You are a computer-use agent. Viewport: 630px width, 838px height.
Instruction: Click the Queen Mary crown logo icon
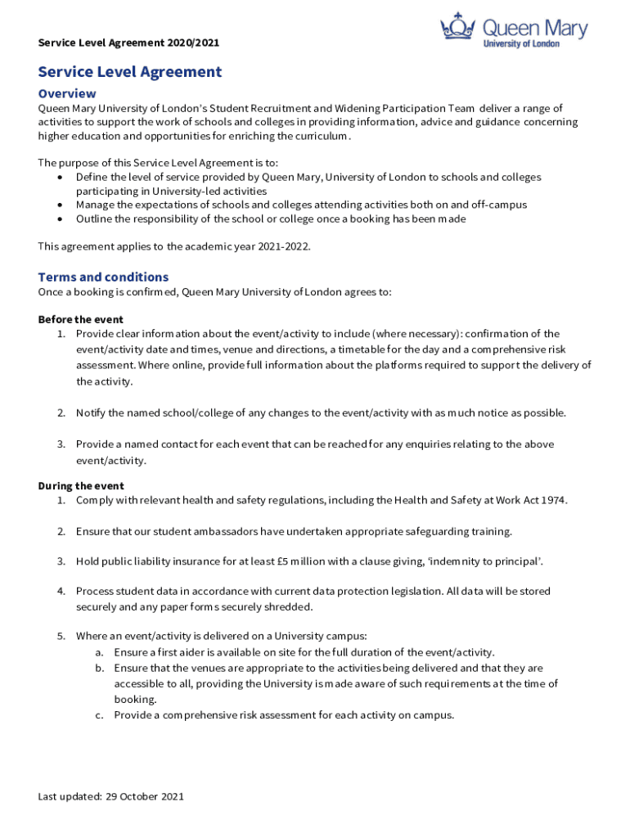click(x=459, y=26)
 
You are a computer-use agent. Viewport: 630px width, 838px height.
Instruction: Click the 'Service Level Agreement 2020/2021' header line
click(x=128, y=43)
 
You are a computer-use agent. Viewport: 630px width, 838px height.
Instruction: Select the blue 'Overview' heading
click(x=67, y=93)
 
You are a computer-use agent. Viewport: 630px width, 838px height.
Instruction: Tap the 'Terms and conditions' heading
click(x=103, y=277)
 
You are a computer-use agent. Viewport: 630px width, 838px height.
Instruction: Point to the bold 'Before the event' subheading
click(x=81, y=319)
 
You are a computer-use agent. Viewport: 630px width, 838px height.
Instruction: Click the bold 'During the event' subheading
click(x=81, y=485)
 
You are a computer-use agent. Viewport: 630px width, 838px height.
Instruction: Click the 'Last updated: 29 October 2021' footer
click(x=111, y=796)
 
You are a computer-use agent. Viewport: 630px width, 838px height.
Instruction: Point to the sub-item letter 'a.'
click(x=99, y=652)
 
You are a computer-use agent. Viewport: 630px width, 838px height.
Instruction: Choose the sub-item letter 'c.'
click(x=99, y=714)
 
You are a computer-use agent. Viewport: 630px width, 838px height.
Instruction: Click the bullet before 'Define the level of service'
click(x=61, y=178)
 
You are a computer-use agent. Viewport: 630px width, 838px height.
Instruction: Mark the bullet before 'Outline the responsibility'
click(x=61, y=219)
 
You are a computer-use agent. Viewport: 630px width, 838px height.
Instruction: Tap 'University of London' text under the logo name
click(x=522, y=43)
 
